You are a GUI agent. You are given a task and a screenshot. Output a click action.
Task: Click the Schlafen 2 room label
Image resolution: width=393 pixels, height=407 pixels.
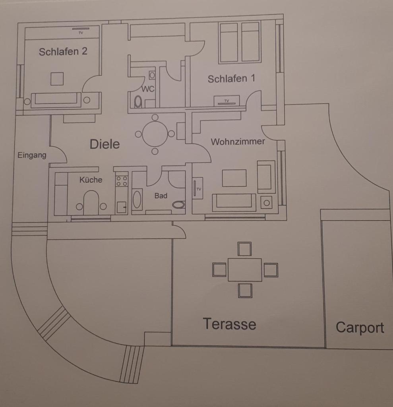pos(63,51)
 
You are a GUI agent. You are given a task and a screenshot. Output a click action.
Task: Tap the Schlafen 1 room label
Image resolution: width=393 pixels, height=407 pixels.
pos(231,79)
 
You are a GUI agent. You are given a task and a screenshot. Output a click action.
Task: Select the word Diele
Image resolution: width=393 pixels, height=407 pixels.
pos(105,144)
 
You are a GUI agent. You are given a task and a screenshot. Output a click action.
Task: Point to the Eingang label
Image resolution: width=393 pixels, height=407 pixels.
pos(32,155)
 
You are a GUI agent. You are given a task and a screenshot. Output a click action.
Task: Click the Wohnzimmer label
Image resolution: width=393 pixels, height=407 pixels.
pos(238,142)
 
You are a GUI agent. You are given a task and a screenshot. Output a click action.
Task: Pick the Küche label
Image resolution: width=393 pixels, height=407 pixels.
pos(91,180)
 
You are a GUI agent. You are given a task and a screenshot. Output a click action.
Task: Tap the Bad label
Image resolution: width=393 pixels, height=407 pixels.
pos(161,196)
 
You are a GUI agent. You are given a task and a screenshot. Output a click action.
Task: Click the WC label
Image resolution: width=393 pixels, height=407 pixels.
pos(148,89)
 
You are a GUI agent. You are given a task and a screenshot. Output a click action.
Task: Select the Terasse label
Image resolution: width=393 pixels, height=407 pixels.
pos(229,324)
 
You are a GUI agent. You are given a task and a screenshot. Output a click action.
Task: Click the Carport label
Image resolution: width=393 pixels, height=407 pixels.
pos(360,328)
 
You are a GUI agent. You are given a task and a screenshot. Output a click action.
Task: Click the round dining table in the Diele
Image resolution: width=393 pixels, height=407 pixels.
pos(155,134)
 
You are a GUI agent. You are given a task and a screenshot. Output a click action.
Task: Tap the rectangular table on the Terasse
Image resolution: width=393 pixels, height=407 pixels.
pos(245,270)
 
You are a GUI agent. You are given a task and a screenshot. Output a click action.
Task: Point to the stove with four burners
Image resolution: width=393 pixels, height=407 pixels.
pos(122,181)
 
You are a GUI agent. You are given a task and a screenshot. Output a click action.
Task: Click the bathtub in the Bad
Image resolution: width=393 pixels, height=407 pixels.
pos(137,200)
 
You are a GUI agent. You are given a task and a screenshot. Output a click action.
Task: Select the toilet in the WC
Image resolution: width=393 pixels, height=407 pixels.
pos(138,101)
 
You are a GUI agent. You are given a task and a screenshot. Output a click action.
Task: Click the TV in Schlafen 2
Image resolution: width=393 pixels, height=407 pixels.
pos(81,29)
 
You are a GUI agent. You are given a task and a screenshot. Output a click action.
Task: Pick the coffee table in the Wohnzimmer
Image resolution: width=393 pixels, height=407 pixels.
pos(234,178)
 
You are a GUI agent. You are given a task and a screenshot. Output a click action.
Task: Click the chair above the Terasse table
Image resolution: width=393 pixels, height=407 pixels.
pos(244,249)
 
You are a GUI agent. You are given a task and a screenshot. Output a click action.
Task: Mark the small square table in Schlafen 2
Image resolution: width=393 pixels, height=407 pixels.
pos(57,79)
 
